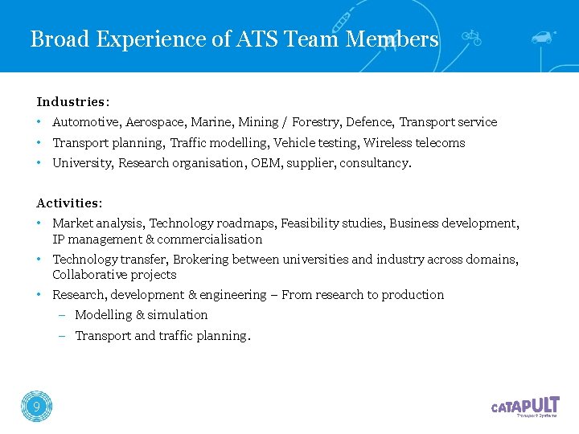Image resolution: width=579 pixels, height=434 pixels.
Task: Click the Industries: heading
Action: tap(73, 102)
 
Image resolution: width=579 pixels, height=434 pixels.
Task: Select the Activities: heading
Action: tap(69, 203)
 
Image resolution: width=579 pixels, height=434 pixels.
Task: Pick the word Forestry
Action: tap(317, 122)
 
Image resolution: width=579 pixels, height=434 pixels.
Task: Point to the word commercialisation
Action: tap(210, 240)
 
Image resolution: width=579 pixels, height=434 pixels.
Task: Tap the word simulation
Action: tap(177, 315)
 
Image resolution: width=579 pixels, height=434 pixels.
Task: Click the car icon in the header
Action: tap(544, 37)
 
